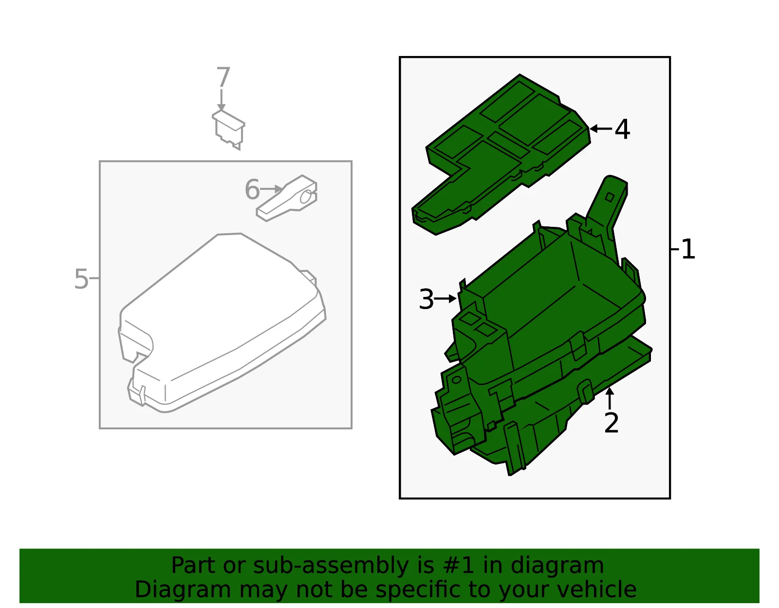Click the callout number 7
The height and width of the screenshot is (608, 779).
223,77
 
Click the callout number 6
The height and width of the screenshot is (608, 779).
252,189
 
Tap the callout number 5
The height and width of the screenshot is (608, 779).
81,279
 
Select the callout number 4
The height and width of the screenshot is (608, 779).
622,129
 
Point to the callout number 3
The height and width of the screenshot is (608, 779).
426,299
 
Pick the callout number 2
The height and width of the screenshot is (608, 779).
611,423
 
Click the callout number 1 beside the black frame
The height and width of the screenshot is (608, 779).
688,249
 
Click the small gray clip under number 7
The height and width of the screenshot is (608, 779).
228,129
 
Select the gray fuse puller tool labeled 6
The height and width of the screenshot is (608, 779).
287,198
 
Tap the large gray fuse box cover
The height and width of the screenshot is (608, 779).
223,322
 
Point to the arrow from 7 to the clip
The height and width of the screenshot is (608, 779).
221,100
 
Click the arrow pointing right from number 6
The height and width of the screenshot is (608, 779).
271,189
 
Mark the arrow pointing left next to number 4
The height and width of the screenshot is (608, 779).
601,128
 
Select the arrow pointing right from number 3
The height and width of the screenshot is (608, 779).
445,298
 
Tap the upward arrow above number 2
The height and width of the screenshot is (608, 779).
610,398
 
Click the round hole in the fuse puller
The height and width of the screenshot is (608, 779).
305,197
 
